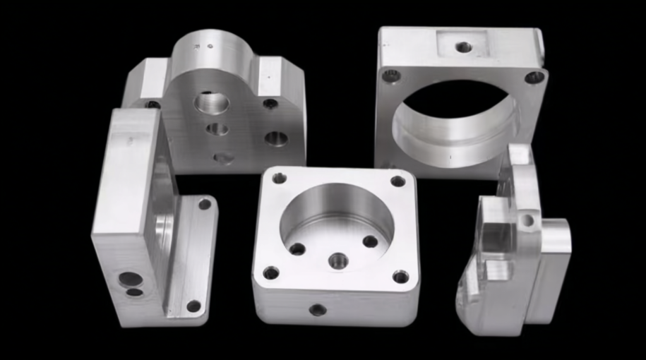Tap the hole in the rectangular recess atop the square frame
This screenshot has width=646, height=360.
point(463,47)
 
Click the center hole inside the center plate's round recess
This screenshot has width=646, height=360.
point(338,260)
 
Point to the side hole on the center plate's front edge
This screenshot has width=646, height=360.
point(318,309)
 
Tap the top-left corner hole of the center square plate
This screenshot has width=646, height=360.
point(280,178)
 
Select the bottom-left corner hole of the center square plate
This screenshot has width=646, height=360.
point(270,272)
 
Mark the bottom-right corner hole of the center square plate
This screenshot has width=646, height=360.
point(400,276)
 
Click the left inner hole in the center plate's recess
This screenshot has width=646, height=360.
point(297,248)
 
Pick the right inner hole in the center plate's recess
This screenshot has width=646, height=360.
point(371,241)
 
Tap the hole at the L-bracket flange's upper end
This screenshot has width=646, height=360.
point(205,204)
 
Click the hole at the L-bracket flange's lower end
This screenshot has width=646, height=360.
point(193,306)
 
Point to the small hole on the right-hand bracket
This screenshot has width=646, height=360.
point(527,220)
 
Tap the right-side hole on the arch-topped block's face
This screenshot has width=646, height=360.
point(276,138)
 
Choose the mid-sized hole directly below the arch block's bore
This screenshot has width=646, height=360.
point(217,129)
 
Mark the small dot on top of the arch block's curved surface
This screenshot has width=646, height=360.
point(208,47)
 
